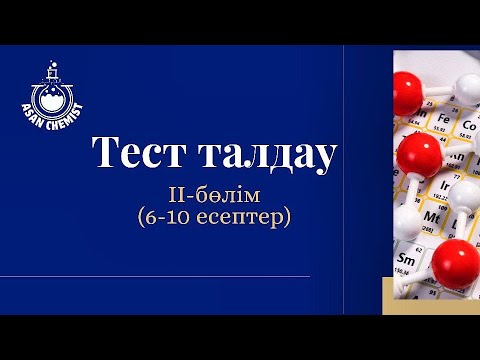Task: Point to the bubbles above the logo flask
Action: click(46, 70)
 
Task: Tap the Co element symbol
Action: click(468, 126)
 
